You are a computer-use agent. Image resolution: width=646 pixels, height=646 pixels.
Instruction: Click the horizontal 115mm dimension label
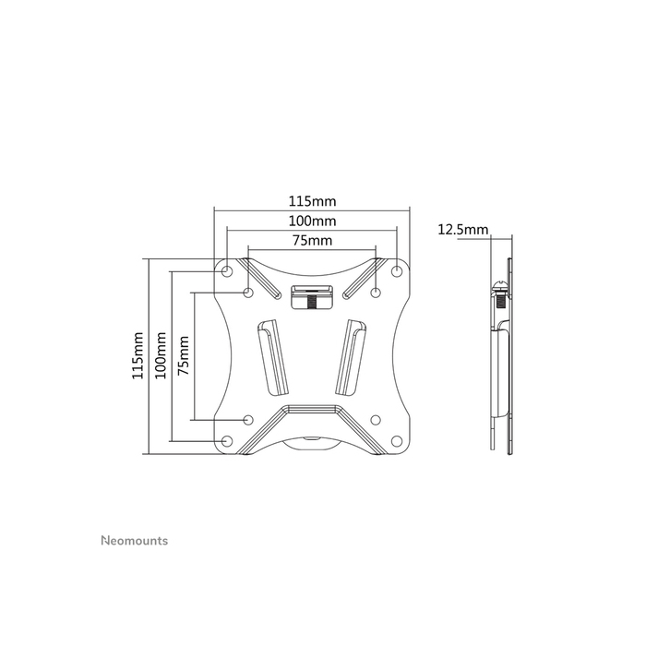point(311,200)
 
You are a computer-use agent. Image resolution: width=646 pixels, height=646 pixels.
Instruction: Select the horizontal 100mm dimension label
point(311,221)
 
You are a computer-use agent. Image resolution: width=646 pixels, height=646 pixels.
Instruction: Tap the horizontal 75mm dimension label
point(312,241)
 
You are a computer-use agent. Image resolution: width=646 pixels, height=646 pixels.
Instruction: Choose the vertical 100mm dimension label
point(161,355)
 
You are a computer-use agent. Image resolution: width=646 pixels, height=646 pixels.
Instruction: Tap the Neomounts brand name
point(133,541)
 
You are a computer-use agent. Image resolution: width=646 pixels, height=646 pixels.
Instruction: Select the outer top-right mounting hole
point(397,270)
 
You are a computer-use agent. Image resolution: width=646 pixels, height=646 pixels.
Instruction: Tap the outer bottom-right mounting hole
point(397,440)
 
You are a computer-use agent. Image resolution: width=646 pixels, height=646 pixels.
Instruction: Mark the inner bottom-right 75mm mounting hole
point(376,419)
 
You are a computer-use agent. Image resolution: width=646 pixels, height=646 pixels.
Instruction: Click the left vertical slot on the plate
point(269,356)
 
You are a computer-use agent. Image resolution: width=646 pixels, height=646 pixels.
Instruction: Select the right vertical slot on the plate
point(353,356)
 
